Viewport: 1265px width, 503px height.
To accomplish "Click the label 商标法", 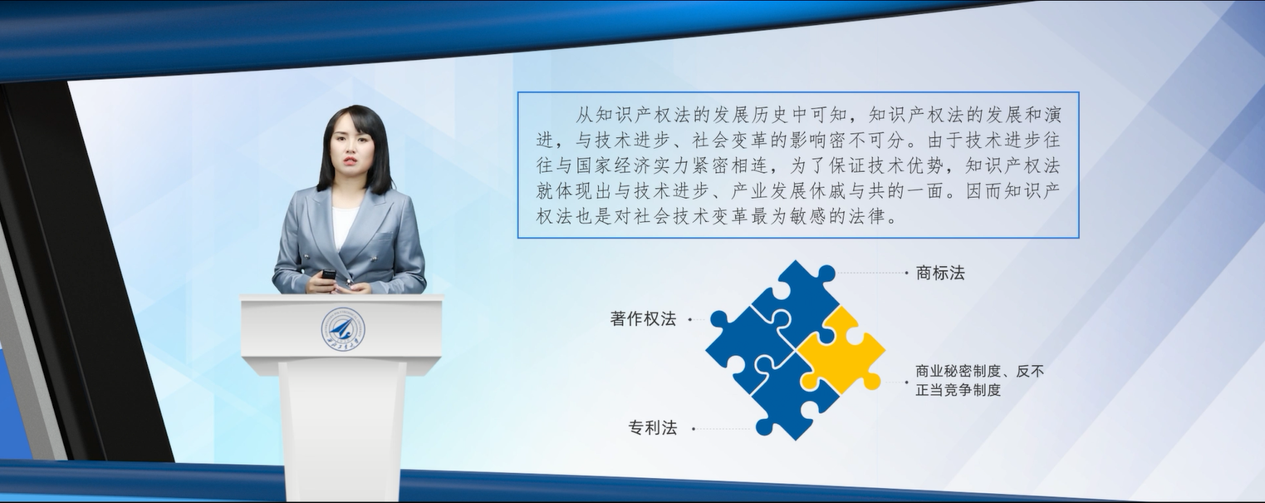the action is [x=940, y=273].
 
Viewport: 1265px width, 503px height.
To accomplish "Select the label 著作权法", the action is [x=643, y=318].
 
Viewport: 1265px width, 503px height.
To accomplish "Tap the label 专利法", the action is [x=653, y=428].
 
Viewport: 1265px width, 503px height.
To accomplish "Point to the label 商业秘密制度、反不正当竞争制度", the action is [x=979, y=380].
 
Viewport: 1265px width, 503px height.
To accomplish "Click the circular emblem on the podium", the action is [x=343, y=330].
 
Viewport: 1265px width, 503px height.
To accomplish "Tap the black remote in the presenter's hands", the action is [x=329, y=275].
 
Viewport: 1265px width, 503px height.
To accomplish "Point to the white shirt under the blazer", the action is [x=344, y=226].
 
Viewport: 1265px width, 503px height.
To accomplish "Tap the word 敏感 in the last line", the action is [x=808, y=216].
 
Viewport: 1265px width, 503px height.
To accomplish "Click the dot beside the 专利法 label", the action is [x=694, y=429].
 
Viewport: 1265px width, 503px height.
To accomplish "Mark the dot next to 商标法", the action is [x=906, y=273].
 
